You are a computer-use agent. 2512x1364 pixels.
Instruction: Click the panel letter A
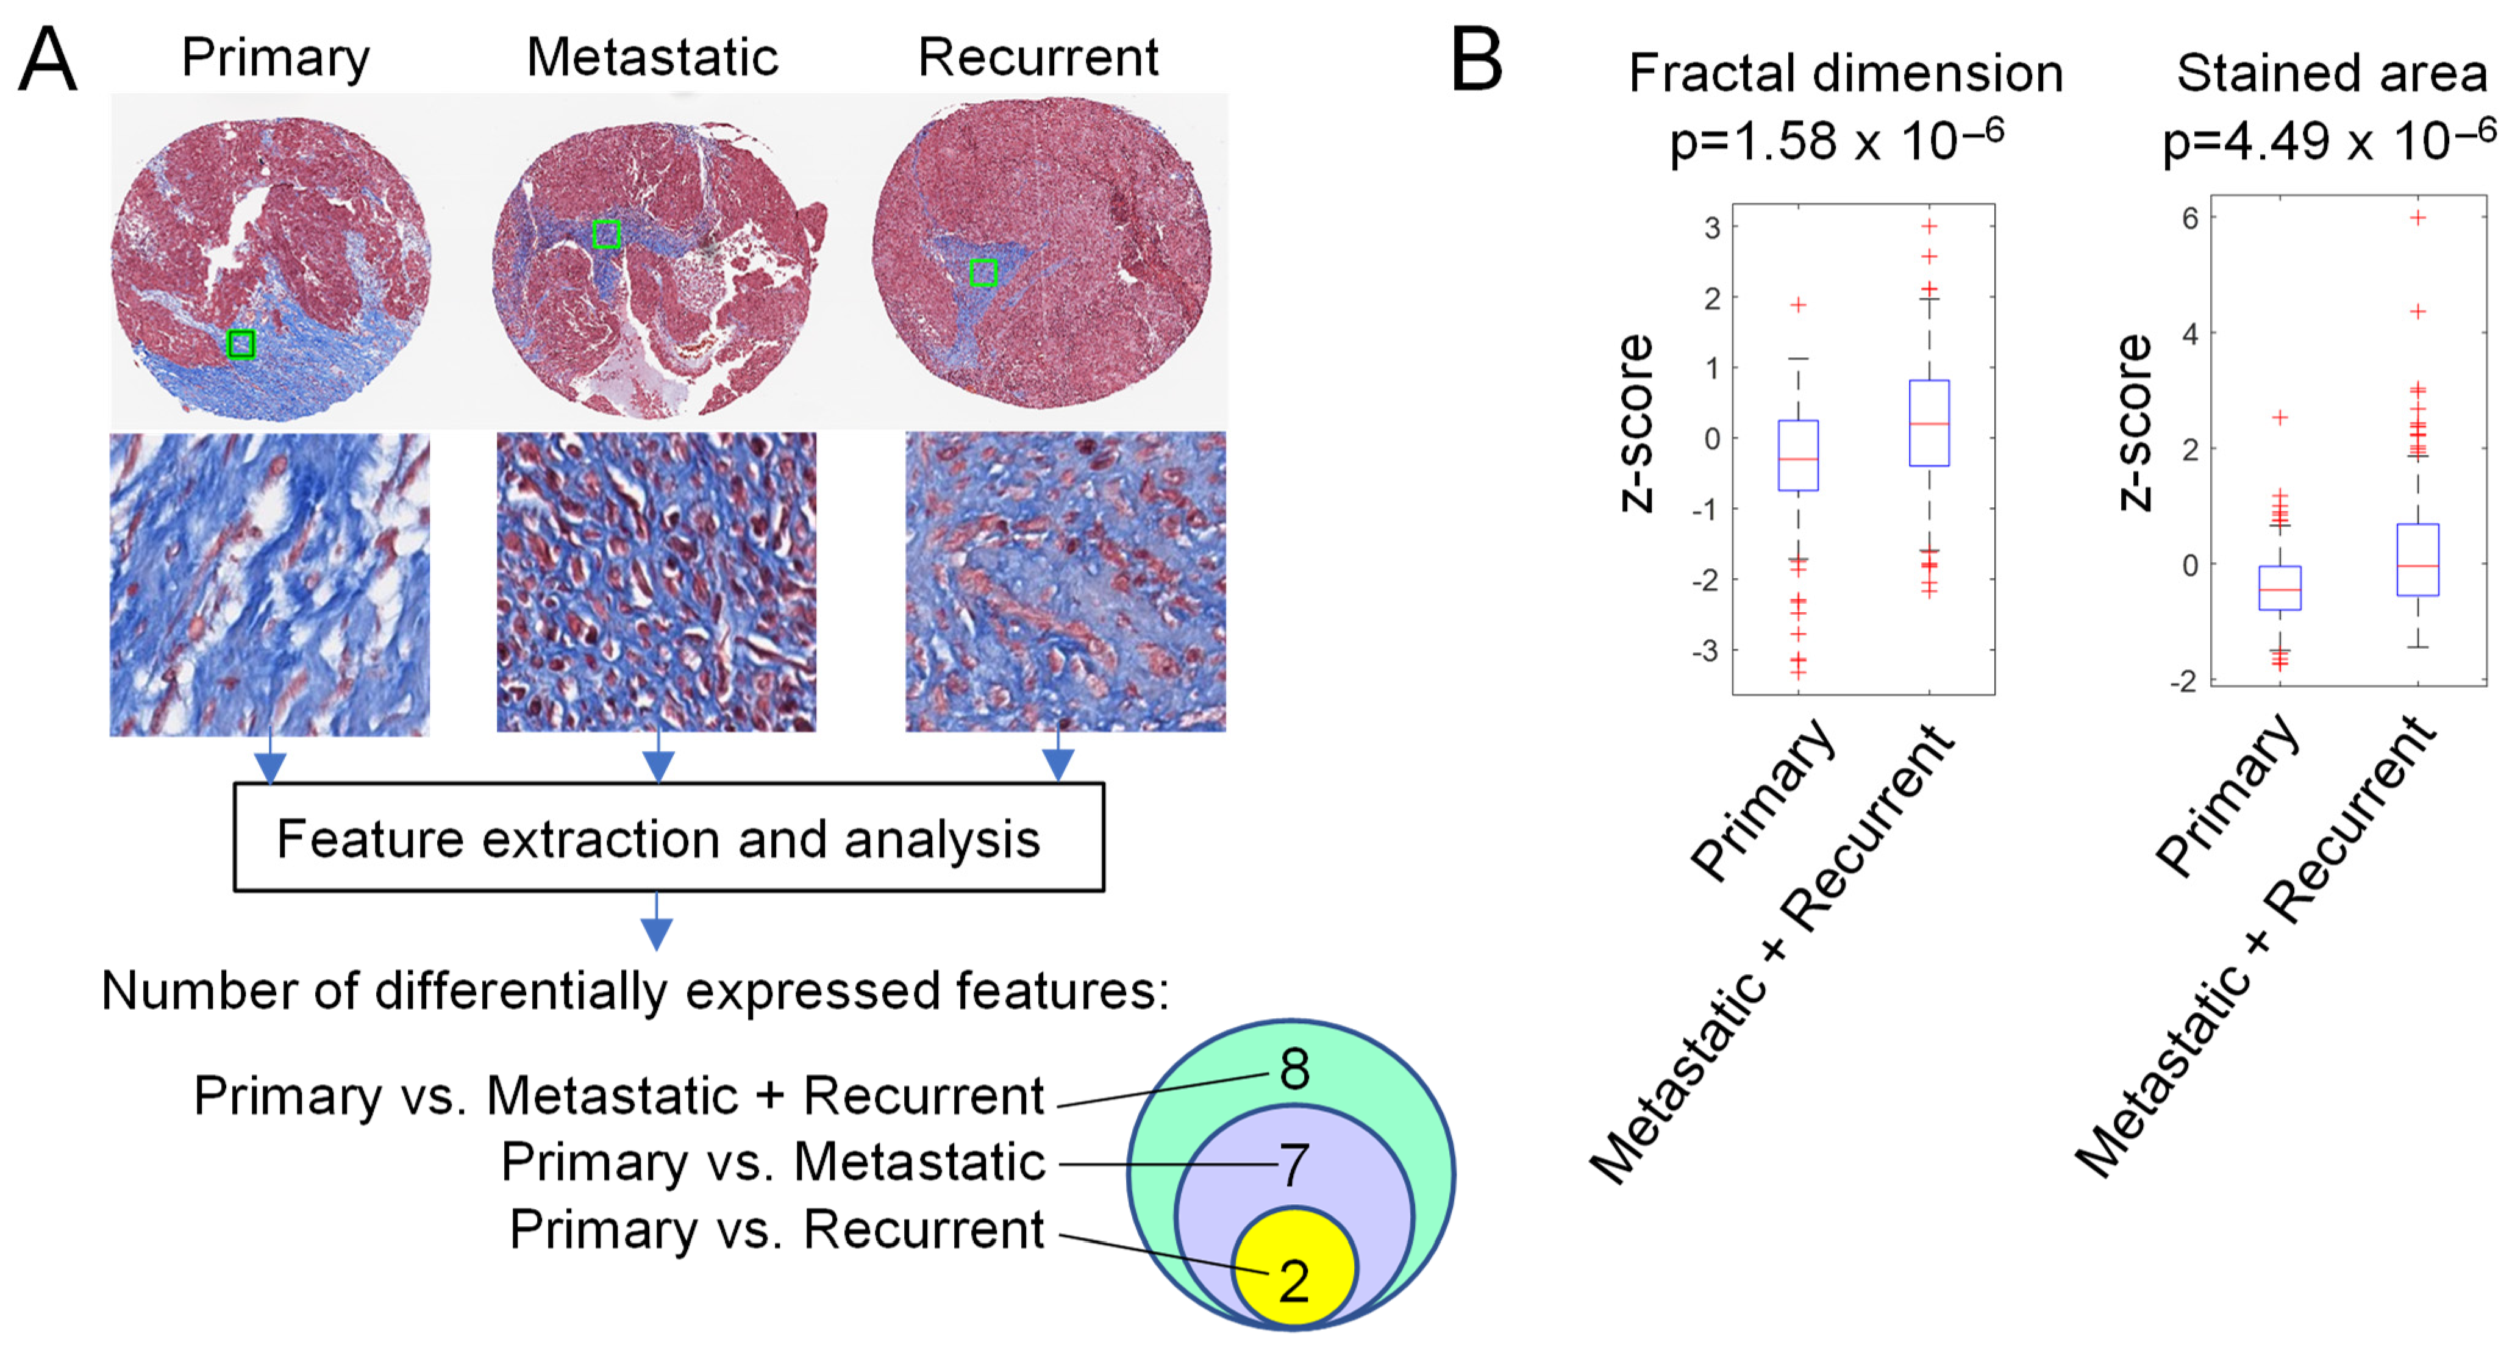(x=47, y=60)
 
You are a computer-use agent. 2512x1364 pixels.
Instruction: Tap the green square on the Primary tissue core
(x=241, y=344)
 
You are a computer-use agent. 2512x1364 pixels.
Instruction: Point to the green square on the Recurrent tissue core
(x=983, y=273)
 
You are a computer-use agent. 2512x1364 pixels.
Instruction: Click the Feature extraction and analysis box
(x=668, y=838)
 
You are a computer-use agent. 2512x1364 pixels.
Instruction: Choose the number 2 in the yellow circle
(x=1294, y=1280)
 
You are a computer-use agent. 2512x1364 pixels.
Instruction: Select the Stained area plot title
(x=2332, y=74)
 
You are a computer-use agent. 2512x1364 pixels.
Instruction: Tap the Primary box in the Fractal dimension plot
(x=1798, y=455)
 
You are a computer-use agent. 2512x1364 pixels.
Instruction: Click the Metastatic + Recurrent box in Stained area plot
(x=2417, y=560)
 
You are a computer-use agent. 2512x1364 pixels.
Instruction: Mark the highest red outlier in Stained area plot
(x=2417, y=218)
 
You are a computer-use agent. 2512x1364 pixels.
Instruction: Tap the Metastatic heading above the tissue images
(x=652, y=57)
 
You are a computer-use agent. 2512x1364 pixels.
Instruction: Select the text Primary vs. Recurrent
(x=776, y=1229)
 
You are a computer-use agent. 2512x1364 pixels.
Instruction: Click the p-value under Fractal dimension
(x=1836, y=142)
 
